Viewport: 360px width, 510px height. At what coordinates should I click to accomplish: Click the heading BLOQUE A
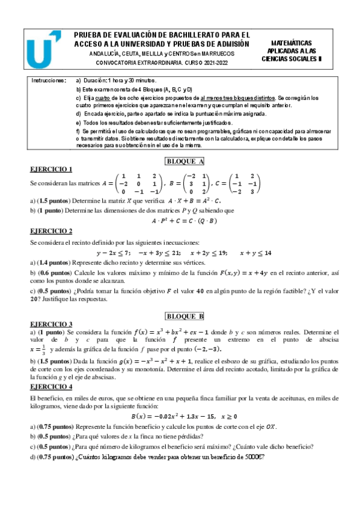click(185, 161)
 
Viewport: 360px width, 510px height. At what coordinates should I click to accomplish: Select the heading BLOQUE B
click(185, 316)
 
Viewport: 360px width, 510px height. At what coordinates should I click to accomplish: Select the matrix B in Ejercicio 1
click(190, 183)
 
